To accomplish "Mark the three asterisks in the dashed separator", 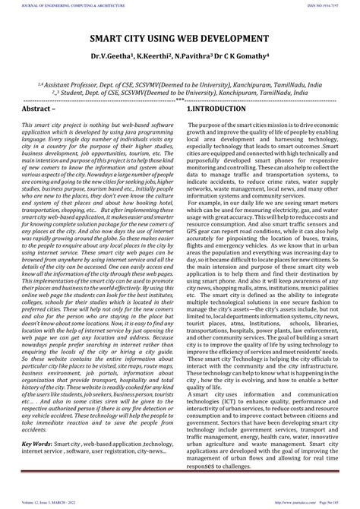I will (179, 100).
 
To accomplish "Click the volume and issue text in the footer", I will (54, 502).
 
